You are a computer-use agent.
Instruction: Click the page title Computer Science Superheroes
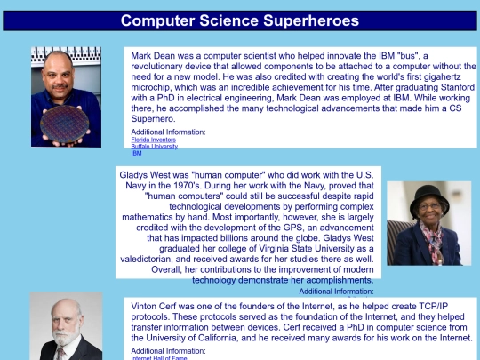pyautogui.click(x=240, y=20)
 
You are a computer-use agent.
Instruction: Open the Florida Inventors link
pyautogui.click(x=152, y=140)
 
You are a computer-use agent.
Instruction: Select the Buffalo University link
pyautogui.click(x=154, y=146)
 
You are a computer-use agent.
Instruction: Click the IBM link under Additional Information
pyautogui.click(x=136, y=153)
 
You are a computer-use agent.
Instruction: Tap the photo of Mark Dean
pyautogui.click(x=66, y=96)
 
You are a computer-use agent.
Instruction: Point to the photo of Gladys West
pyautogui.click(x=428, y=223)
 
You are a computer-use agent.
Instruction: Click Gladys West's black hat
pyautogui.click(x=428, y=193)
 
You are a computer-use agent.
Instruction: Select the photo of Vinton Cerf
pyautogui.click(x=66, y=326)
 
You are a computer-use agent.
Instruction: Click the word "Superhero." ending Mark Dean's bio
pyautogui.click(x=154, y=119)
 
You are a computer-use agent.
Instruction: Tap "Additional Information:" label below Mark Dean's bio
pyautogui.click(x=168, y=132)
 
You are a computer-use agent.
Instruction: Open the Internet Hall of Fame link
pyautogui.click(x=161, y=357)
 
